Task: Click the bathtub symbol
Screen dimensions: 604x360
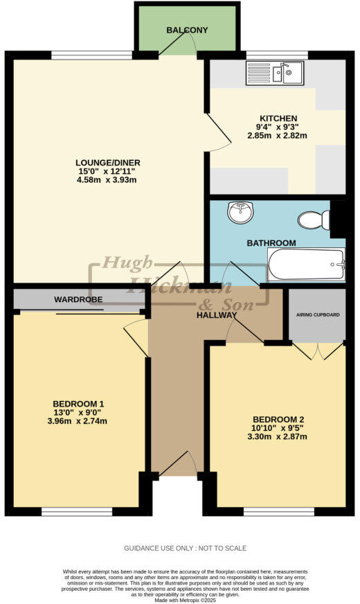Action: tap(305, 265)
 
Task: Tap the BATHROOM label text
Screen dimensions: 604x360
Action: tap(271, 243)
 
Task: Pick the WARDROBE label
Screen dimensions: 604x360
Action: tap(78, 300)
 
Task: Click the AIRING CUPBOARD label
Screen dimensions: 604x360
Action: tap(318, 314)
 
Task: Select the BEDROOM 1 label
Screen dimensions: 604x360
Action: tap(78, 404)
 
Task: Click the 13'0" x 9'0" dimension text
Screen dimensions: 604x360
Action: tap(78, 413)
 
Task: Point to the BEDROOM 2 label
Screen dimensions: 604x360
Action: tap(278, 419)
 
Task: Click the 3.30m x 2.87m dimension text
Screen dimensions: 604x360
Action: tap(278, 437)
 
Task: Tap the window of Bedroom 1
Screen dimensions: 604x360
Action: tap(76, 512)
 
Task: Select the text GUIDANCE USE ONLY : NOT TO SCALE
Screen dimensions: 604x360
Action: tap(185, 548)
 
